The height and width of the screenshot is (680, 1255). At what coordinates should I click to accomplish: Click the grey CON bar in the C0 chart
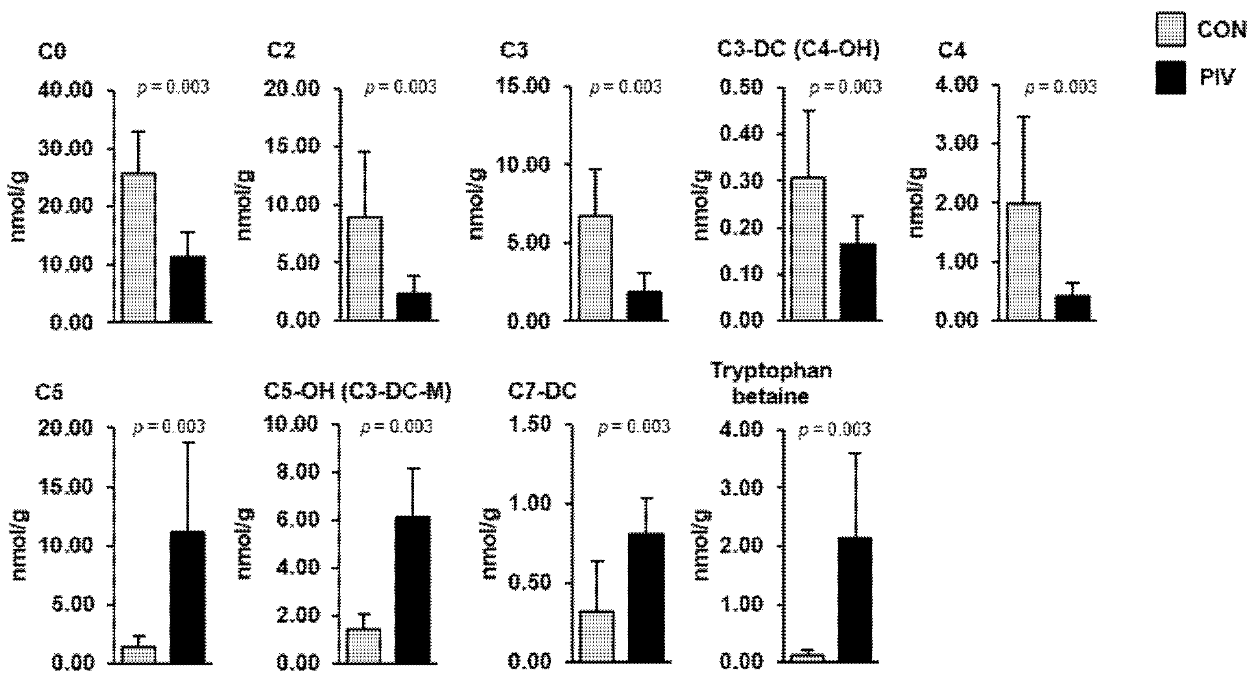tap(139, 247)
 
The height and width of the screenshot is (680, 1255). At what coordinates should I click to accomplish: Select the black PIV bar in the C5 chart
tap(188, 597)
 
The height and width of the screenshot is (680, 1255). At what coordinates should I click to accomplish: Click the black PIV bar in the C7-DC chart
tap(646, 597)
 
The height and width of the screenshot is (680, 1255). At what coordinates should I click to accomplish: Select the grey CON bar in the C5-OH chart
tap(363, 645)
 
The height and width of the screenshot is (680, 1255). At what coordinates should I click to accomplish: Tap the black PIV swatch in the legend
tap(1171, 77)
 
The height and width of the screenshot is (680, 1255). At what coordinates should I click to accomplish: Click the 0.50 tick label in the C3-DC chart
tap(741, 88)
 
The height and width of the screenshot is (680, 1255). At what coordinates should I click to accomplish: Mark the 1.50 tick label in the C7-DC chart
tap(530, 425)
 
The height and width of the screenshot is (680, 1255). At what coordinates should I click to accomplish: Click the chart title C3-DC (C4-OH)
tap(799, 51)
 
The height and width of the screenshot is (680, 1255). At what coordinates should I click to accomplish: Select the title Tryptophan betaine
tap(771, 384)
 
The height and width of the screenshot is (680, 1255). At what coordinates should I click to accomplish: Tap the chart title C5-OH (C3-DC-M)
tap(358, 392)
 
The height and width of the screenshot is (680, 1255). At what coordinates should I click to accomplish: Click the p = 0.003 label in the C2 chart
tap(401, 88)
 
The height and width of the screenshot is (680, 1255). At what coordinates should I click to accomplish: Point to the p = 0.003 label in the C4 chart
tap(1061, 88)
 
